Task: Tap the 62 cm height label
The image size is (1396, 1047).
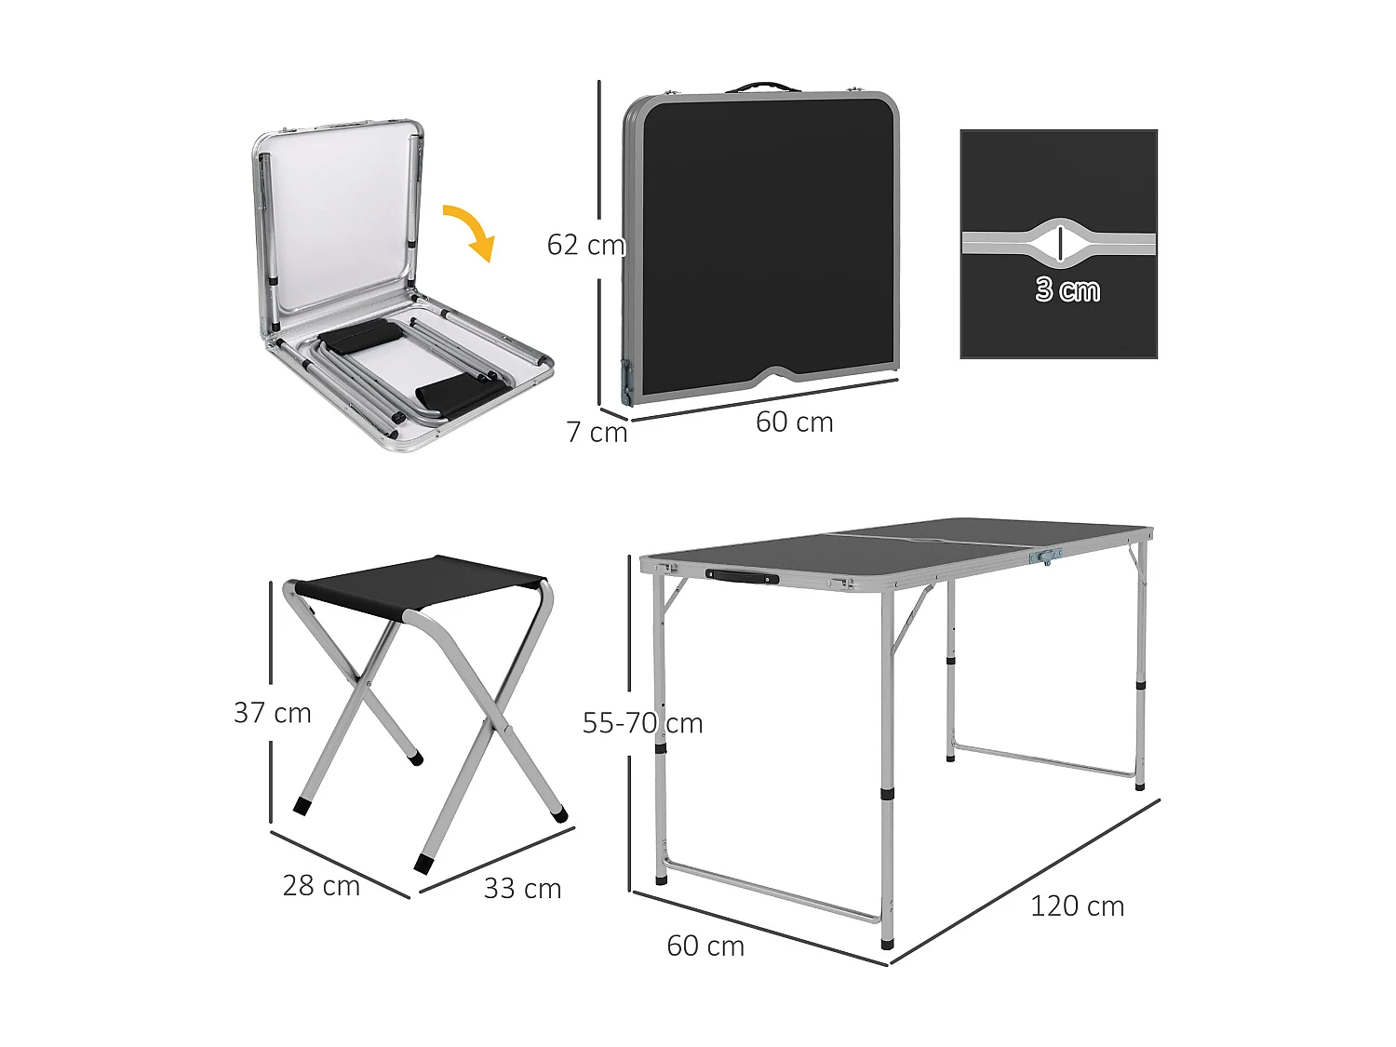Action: [x=585, y=245]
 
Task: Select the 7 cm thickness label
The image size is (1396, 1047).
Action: [x=597, y=433]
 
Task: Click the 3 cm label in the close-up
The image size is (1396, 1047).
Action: [x=1067, y=290]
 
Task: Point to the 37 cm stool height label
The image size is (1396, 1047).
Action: [x=272, y=713]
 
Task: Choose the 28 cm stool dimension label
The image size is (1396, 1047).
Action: [x=321, y=886]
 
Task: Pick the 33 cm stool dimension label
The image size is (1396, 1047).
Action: [x=522, y=889]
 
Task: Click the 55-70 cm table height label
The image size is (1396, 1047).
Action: [x=642, y=723]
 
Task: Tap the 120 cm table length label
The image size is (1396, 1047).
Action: [x=1077, y=906]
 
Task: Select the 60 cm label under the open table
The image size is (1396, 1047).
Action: [x=705, y=946]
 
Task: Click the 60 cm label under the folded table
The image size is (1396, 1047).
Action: [x=794, y=423]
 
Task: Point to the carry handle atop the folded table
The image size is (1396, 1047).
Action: [x=762, y=87]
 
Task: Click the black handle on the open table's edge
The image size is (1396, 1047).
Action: [x=742, y=577]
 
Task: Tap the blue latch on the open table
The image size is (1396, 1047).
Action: [x=1047, y=556]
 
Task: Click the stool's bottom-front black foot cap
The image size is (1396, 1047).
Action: [x=424, y=864]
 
